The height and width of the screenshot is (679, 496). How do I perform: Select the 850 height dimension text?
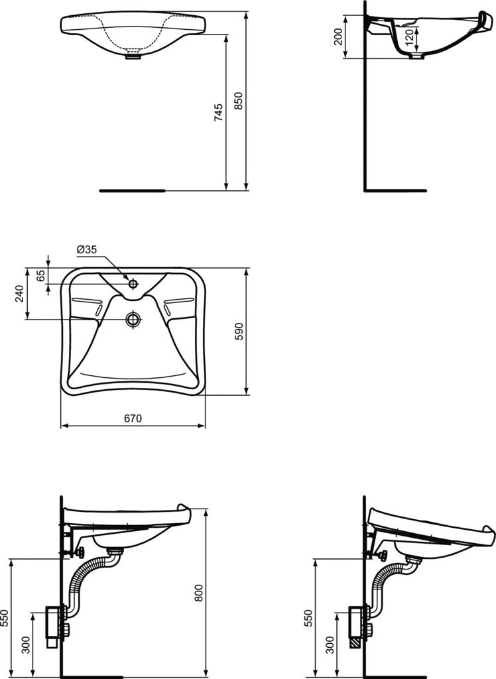tap(239, 100)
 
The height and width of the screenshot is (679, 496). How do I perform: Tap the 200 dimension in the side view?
tap(339, 36)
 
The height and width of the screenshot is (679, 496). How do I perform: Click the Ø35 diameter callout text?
tap(87, 249)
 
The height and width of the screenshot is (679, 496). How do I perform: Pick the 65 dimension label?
tap(41, 276)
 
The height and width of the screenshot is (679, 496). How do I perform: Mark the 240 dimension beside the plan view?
tap(19, 293)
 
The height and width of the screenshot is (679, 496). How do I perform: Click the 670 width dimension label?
tap(133, 418)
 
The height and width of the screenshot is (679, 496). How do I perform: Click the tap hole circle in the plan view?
tap(133, 284)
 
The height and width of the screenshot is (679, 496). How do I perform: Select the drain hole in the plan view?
tap(133, 320)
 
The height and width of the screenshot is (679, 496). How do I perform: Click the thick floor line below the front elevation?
tap(132, 190)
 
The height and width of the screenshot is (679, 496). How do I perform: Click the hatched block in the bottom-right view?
tap(355, 642)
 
